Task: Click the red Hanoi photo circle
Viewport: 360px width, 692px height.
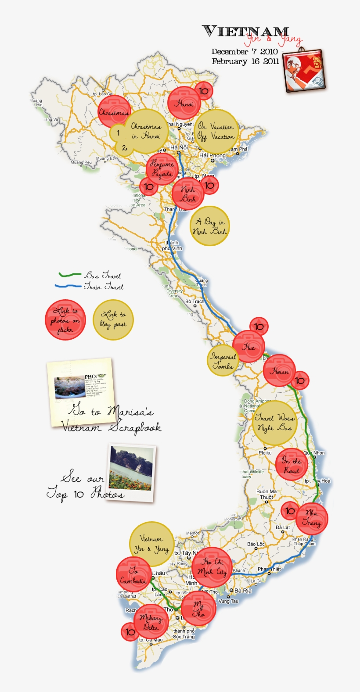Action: [x=184, y=103]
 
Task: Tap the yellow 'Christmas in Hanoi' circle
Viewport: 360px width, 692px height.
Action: [x=145, y=131]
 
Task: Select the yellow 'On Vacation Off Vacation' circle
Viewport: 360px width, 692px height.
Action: [x=216, y=131]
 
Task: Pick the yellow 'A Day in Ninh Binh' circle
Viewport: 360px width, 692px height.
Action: [x=210, y=226]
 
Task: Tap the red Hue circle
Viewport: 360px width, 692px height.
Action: [x=249, y=347]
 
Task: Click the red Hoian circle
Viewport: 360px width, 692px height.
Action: [x=279, y=371]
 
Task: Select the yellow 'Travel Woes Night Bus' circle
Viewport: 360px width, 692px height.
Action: [x=274, y=423]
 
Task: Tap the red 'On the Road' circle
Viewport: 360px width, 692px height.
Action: [x=291, y=465]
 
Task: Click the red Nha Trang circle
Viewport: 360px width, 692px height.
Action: [x=311, y=518]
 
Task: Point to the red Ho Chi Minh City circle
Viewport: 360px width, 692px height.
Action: [x=212, y=567]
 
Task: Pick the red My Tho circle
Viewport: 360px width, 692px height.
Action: [x=198, y=608]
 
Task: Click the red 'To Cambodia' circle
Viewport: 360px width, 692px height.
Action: [x=133, y=575]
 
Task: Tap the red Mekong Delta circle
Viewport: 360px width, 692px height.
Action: [x=150, y=622]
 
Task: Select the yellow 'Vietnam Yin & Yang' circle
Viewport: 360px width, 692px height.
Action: [x=151, y=544]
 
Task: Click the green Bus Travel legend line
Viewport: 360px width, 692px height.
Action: [x=70, y=275]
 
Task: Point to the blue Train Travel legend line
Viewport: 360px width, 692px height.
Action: [x=68, y=286]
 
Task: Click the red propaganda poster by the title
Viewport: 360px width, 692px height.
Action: [x=303, y=70]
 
